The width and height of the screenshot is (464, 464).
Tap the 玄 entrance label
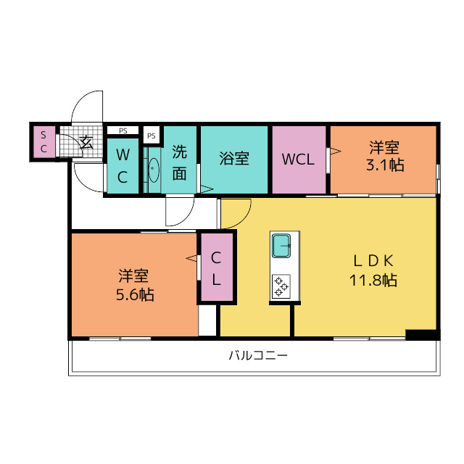point(87,142)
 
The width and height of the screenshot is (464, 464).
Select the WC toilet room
point(123,166)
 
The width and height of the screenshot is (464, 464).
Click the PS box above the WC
point(123,130)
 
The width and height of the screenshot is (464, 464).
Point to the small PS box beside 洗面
point(152,136)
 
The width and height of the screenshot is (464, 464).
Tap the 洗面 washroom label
point(179,163)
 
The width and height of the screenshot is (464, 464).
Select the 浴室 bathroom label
point(234,159)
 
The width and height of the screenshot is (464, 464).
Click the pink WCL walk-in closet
point(299,159)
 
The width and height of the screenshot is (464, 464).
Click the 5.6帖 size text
point(134,294)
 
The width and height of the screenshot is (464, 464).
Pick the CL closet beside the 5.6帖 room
point(216,268)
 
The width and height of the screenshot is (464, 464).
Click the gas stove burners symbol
point(280,287)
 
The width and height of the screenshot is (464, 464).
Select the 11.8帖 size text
point(373,281)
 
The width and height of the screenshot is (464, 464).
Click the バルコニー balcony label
point(258,356)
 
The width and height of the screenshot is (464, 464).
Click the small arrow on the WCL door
point(336,151)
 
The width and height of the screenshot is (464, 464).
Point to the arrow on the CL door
point(191,257)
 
